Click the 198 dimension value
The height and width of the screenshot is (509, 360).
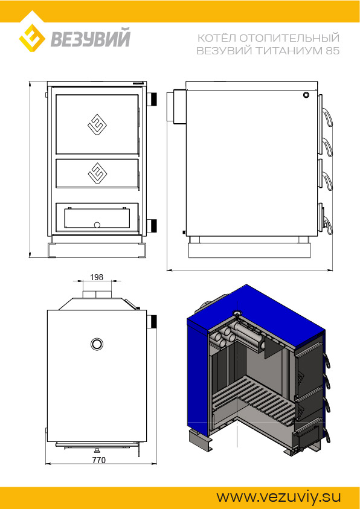(97, 277)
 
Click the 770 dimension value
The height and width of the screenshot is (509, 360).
(99, 460)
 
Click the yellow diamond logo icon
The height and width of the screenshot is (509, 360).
(32, 38)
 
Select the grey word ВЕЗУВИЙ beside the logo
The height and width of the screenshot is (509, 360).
(91, 38)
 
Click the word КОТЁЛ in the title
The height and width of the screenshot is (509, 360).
(217, 37)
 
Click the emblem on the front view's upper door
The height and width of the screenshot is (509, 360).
(97, 124)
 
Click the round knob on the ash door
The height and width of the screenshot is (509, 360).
(97, 225)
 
